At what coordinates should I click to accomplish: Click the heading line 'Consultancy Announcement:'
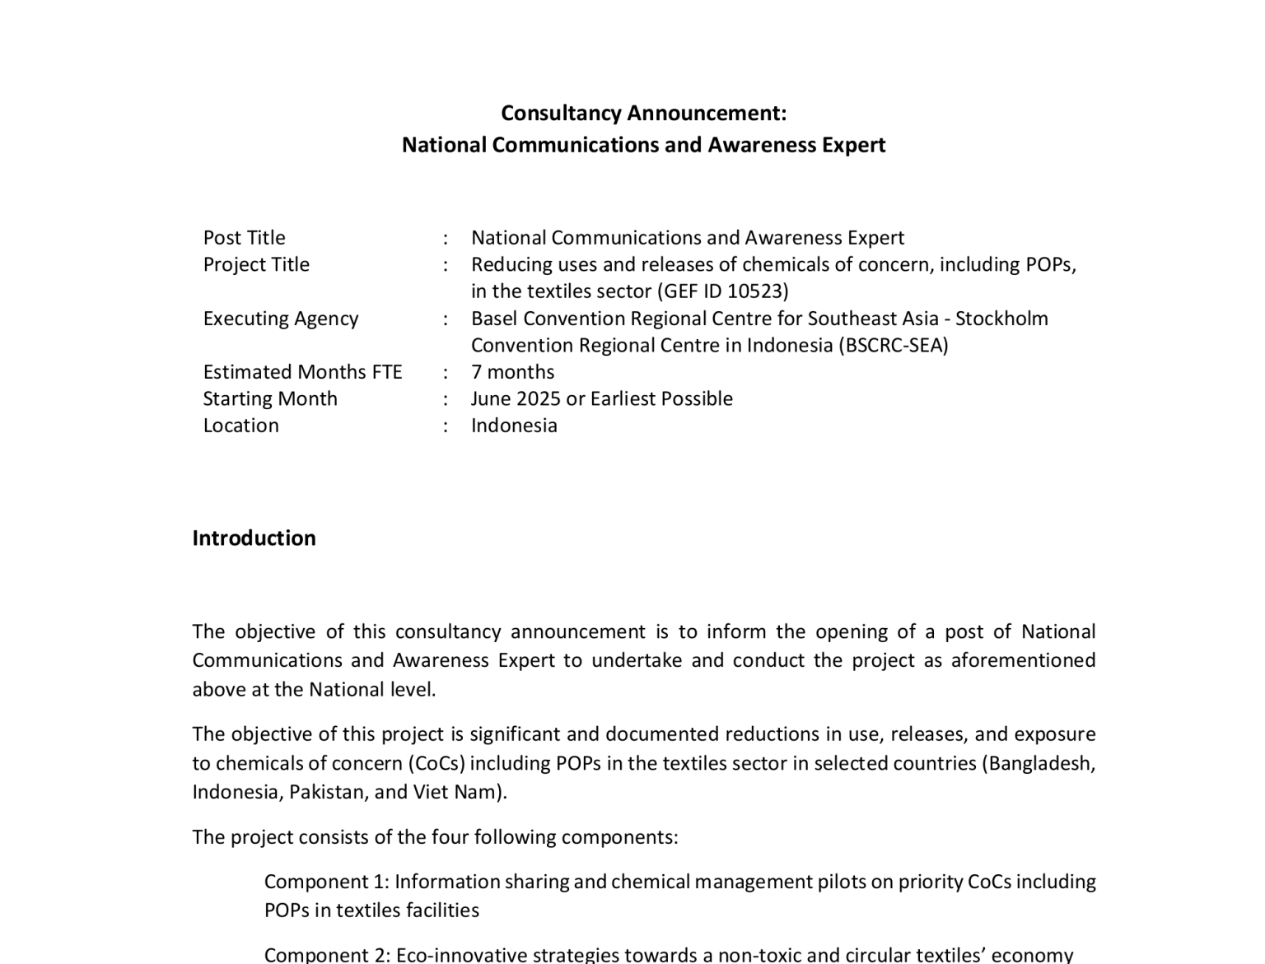pyautogui.click(x=643, y=113)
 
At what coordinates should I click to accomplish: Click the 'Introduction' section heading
pyautogui.click(x=254, y=538)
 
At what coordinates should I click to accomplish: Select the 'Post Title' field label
pyautogui.click(x=244, y=238)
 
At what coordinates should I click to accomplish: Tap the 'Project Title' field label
pyautogui.click(x=256, y=265)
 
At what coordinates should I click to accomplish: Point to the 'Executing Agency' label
pyautogui.click(x=280, y=319)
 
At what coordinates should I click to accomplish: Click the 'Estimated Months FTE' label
pyautogui.click(x=302, y=372)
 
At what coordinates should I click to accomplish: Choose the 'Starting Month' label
pyautogui.click(x=270, y=399)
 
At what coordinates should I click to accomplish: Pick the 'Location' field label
pyautogui.click(x=240, y=426)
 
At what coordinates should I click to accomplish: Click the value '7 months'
pyautogui.click(x=512, y=372)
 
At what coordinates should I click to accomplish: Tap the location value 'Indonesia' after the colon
pyautogui.click(x=514, y=426)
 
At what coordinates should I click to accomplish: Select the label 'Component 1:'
pyautogui.click(x=326, y=882)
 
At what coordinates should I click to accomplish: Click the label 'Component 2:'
pyautogui.click(x=327, y=955)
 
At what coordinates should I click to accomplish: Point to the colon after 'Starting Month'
pyautogui.click(x=446, y=399)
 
